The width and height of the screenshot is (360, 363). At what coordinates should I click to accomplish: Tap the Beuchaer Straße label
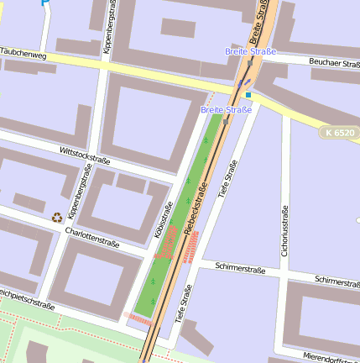[x=335, y=63]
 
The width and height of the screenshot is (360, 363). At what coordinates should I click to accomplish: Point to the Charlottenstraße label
[x=91, y=239]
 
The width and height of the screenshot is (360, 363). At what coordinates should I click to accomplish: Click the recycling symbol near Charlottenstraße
[x=57, y=217]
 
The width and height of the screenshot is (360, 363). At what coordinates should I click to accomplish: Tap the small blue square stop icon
[x=248, y=95]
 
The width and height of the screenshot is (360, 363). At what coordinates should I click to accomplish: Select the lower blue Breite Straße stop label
[x=226, y=110]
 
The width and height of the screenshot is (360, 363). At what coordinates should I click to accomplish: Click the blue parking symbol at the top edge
[x=44, y=3]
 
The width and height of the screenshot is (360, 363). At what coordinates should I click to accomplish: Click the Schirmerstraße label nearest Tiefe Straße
[x=240, y=271]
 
